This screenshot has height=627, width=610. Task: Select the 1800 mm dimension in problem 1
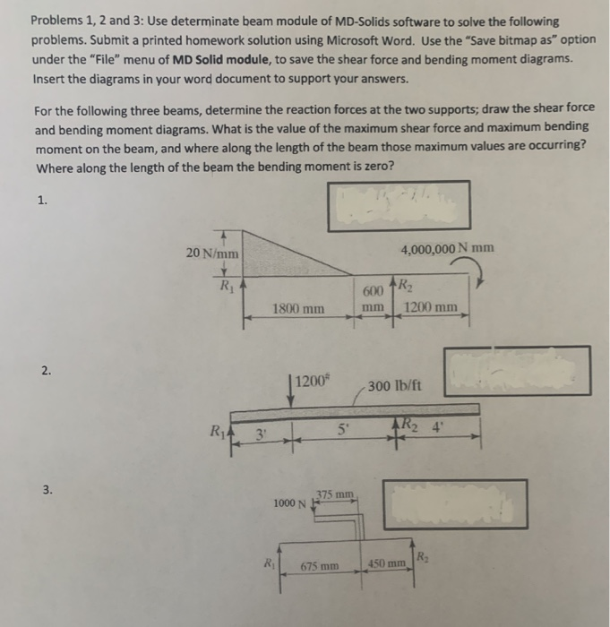(x=299, y=309)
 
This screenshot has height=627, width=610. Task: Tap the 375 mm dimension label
(x=340, y=494)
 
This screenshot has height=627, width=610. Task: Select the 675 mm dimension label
(x=318, y=565)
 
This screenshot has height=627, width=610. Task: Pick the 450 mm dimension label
(x=387, y=564)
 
